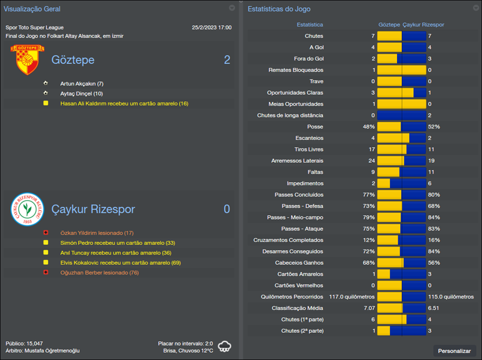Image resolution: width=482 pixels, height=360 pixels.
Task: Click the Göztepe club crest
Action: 25,60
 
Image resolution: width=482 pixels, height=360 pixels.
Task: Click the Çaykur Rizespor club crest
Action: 25,209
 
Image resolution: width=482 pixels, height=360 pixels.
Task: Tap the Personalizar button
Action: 454,350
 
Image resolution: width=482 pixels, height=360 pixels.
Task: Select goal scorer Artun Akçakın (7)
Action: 82,83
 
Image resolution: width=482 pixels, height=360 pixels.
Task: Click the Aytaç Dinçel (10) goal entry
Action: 82,93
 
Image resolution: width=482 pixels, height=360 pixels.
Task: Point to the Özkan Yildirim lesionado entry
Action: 97,233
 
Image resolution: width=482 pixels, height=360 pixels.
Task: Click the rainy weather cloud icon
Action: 225,346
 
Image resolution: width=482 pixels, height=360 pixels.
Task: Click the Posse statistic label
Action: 315,127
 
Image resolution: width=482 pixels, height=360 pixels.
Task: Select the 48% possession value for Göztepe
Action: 369,127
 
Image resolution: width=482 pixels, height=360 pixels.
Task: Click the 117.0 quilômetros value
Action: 352,297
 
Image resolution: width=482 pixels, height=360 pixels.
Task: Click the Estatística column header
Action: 310,25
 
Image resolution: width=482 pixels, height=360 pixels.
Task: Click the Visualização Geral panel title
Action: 31,9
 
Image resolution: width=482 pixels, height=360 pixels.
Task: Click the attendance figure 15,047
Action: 33,343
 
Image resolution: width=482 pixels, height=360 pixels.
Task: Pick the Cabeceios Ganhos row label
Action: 299,263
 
